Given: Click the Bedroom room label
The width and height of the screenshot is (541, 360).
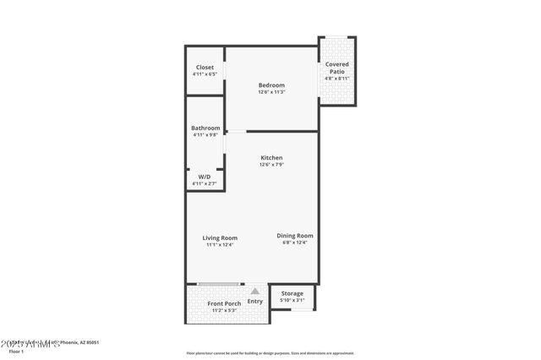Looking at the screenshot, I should (271, 85).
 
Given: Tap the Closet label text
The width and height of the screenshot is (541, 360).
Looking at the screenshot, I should (205, 68).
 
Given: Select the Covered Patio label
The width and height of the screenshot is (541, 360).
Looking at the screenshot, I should (337, 68).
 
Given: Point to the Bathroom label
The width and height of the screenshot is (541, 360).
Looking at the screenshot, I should (205, 128).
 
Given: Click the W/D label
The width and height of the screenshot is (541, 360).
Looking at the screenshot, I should (205, 177).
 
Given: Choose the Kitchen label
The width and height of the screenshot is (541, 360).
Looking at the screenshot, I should (271, 158).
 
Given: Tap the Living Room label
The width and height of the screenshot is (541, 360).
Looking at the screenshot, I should (220, 237).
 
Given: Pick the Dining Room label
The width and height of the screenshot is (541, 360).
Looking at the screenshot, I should (295, 236).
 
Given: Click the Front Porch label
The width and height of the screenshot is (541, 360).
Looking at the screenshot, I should (224, 303).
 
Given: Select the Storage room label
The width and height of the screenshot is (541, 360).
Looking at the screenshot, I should (292, 293).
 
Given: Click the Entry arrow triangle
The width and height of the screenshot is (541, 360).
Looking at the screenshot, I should (254, 291).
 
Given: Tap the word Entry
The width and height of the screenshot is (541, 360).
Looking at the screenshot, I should (254, 302).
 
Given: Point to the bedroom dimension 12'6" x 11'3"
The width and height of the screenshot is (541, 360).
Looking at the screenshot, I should (271, 93).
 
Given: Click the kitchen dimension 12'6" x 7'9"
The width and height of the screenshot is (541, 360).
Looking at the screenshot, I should (271, 166).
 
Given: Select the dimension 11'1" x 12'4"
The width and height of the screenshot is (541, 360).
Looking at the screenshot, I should (220, 245).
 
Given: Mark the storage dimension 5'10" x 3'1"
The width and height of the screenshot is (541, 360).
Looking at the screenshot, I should (292, 301).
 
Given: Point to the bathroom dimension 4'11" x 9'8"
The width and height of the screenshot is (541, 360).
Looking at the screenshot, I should (205, 135).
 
